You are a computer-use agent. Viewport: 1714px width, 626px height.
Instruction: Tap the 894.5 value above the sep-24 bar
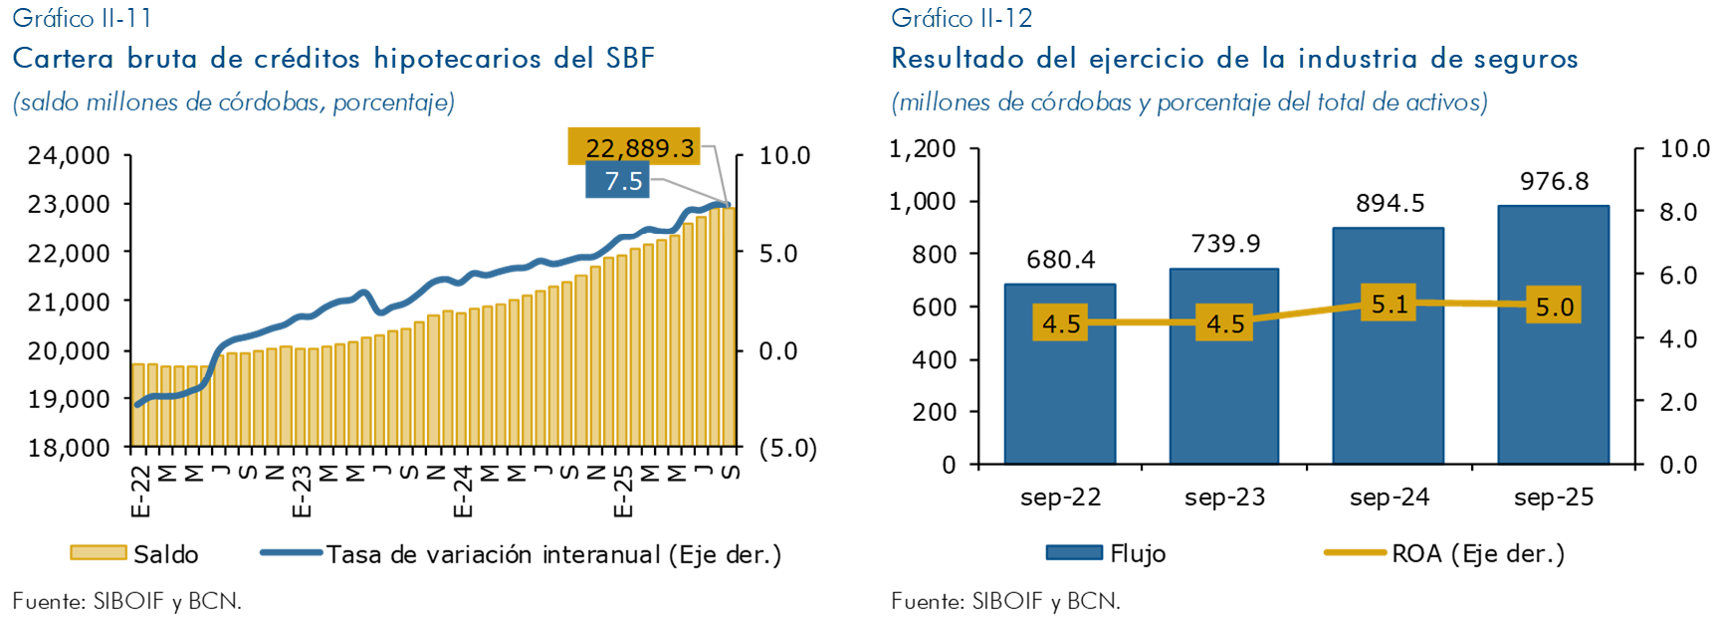coord(1390,204)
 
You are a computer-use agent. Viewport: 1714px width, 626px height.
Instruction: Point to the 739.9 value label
coord(1225,244)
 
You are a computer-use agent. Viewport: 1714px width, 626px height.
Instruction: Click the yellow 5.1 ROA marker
coord(1390,304)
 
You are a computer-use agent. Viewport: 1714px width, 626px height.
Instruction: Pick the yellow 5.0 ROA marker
coord(1554,307)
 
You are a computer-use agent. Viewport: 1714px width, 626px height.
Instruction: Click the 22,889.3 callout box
coord(635,147)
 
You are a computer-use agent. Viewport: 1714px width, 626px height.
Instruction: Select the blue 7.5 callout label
coord(618,181)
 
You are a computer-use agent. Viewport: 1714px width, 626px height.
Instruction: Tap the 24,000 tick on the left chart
coord(69,155)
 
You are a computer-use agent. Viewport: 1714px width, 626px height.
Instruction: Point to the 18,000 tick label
coord(69,448)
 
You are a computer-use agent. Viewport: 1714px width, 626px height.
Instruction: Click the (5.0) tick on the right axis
coord(787,448)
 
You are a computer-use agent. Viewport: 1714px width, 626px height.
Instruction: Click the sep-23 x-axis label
coord(1224,498)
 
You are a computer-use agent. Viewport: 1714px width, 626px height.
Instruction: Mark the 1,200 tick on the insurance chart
coord(922,149)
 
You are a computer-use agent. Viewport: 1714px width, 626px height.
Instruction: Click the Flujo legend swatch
coord(1074,553)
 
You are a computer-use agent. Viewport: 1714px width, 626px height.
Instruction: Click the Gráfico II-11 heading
coord(82,18)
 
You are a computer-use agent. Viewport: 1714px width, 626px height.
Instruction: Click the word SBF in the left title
coord(630,59)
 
